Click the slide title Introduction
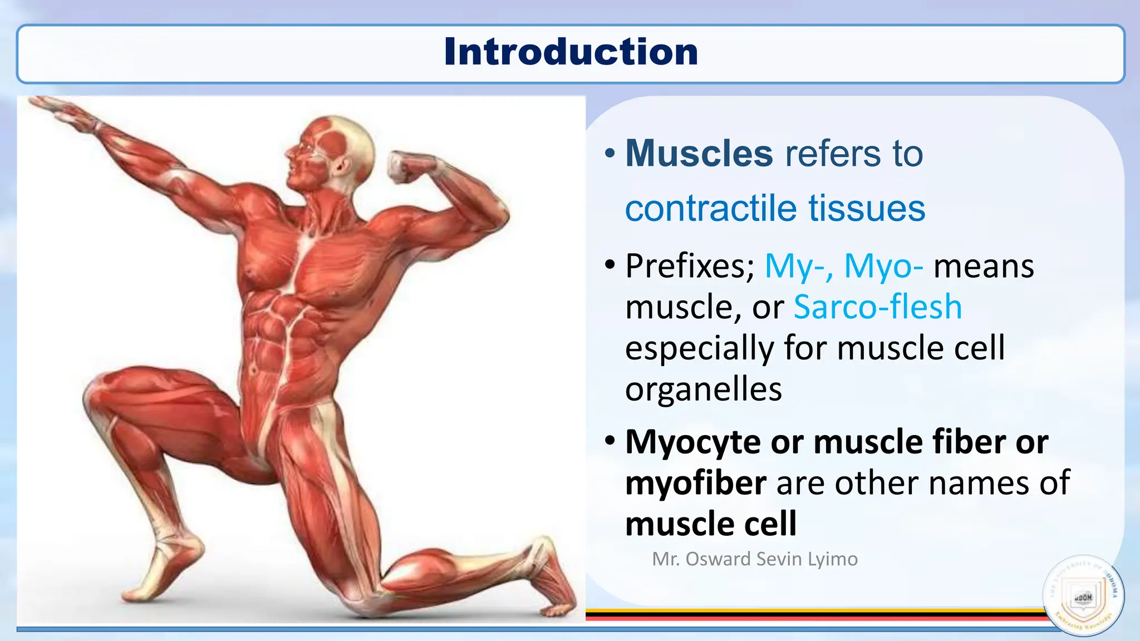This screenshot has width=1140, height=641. (571, 52)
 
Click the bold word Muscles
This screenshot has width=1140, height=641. (699, 153)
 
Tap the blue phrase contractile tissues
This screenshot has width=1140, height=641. (775, 208)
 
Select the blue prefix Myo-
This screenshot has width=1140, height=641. (883, 266)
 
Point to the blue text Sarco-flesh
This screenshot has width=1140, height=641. (877, 307)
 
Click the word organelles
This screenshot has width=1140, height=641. (704, 389)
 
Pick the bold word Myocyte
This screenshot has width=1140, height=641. (693, 442)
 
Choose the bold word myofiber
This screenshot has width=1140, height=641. (696, 483)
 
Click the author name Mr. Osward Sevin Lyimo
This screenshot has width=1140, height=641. (755, 559)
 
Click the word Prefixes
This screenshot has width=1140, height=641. (690, 266)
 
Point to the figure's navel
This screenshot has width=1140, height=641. (254, 369)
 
